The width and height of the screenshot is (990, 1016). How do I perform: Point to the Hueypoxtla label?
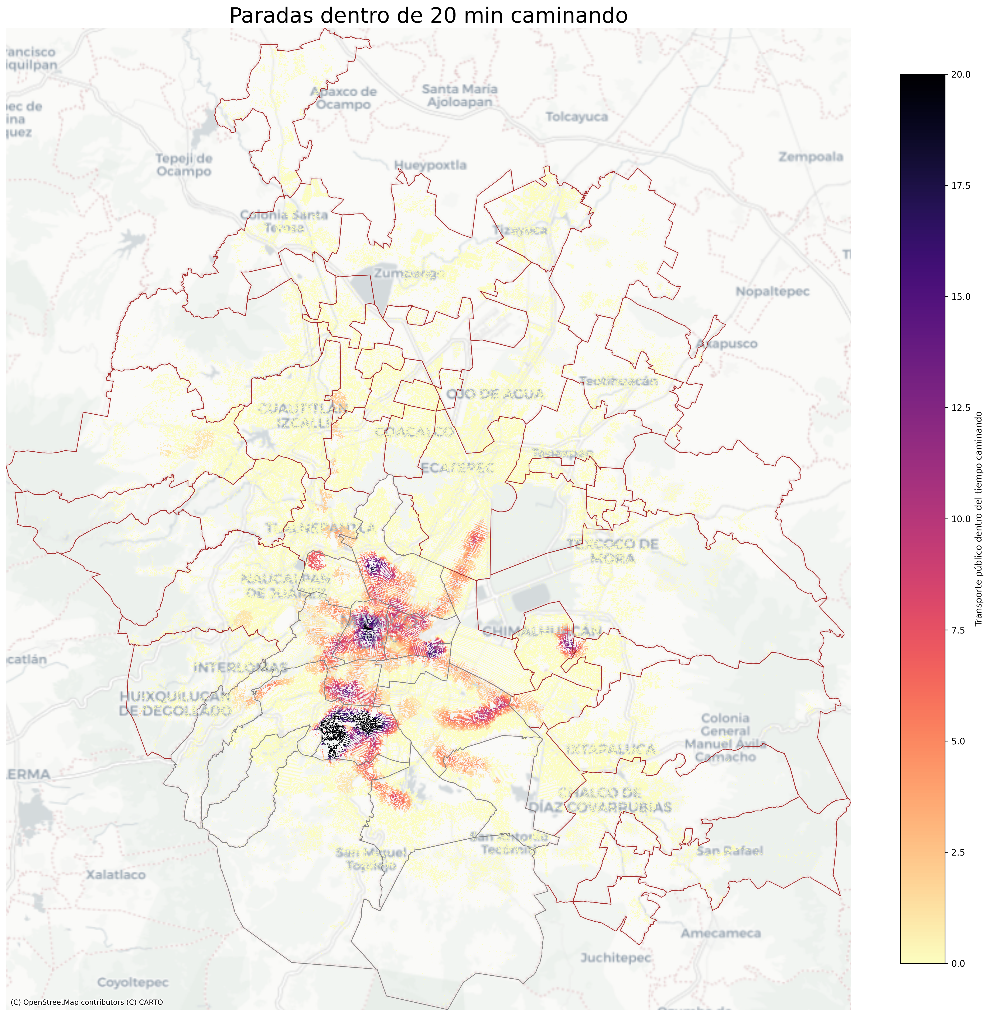click(430, 165)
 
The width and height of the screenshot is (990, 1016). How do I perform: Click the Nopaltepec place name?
click(772, 291)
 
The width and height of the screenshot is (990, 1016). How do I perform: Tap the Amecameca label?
click(721, 933)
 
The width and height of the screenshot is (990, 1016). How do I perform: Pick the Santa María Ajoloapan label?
click(460, 96)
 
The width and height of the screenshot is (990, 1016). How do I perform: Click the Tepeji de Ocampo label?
click(184, 165)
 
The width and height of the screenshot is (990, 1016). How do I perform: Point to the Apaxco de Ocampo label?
click(343, 98)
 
